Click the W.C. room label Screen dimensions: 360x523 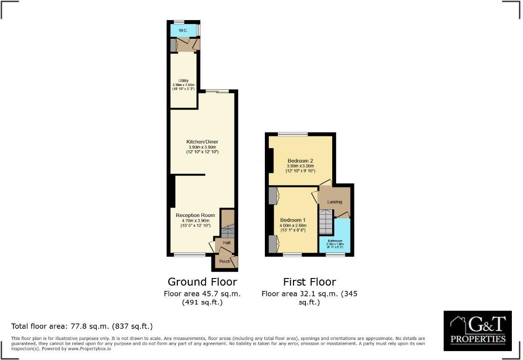tap(183, 31)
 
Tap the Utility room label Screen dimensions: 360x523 tap(183, 81)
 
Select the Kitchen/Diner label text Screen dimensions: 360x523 tap(202, 142)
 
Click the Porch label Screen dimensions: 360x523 tap(224, 261)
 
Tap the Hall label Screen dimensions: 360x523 tap(226, 243)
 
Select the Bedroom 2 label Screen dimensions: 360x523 tap(301, 160)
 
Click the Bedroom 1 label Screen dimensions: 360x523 tap(293, 220)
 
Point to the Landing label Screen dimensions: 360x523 tap(334, 202)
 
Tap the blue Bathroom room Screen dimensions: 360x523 tap(334, 236)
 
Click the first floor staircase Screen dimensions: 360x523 tap(326, 222)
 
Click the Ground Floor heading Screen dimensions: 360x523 tap(202, 282)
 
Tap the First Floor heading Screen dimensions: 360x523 tap(309, 282)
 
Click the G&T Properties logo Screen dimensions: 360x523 tap(478, 331)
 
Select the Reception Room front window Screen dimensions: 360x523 tap(184, 255)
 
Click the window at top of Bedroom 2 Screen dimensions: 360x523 tap(292, 134)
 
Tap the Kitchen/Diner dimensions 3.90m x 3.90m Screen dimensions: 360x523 tap(202, 147)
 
